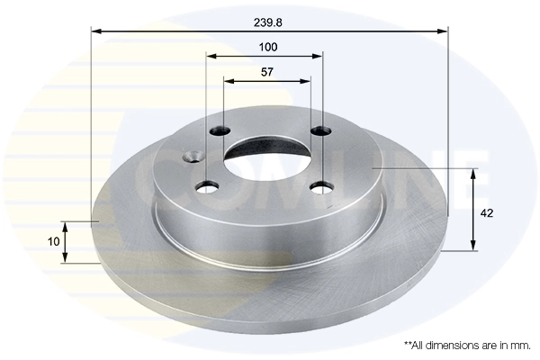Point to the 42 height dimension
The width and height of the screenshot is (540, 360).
(x=488, y=213)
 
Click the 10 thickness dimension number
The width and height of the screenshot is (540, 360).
(x=54, y=241)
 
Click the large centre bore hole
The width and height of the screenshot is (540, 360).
(x=267, y=159)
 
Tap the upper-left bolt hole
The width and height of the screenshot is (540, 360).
(x=219, y=132)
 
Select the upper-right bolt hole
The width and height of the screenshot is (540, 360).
(x=318, y=132)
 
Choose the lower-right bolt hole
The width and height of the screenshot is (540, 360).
(x=319, y=187)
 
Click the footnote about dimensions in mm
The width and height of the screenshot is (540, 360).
(x=467, y=345)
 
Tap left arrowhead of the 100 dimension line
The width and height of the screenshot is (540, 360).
(x=211, y=56)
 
